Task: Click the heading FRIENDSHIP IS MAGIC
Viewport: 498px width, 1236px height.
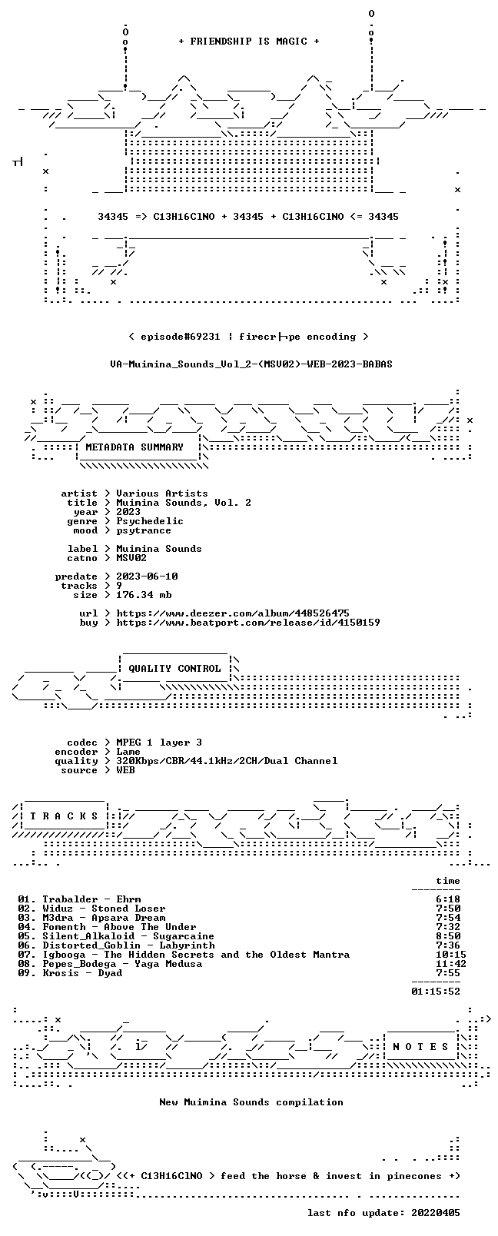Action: point(249,42)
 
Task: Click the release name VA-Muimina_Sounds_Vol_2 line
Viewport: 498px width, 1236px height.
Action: point(251,364)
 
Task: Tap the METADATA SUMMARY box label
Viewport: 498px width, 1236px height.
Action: point(134,447)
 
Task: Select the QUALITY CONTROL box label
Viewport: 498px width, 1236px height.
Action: point(174,669)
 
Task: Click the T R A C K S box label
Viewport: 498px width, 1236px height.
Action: point(64,816)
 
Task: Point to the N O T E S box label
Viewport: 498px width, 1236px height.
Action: point(421,1047)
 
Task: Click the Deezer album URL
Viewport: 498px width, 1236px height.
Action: point(233,613)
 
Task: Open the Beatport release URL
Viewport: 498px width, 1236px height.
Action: point(248,623)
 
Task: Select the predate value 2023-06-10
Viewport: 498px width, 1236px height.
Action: point(148,576)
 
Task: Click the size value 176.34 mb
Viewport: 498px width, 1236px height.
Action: point(144,596)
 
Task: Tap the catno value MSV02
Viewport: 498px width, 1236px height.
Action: point(131,558)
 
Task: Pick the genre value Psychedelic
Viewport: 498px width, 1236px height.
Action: point(150,521)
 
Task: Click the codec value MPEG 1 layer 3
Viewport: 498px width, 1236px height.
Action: point(159,743)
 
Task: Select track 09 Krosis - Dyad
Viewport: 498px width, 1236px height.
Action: point(70,973)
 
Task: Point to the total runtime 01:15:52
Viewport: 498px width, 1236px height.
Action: point(436,992)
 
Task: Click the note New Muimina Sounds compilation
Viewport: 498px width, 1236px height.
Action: point(251,1102)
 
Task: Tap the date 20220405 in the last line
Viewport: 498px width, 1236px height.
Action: point(436,1213)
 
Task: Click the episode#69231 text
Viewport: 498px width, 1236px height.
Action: point(181,337)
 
